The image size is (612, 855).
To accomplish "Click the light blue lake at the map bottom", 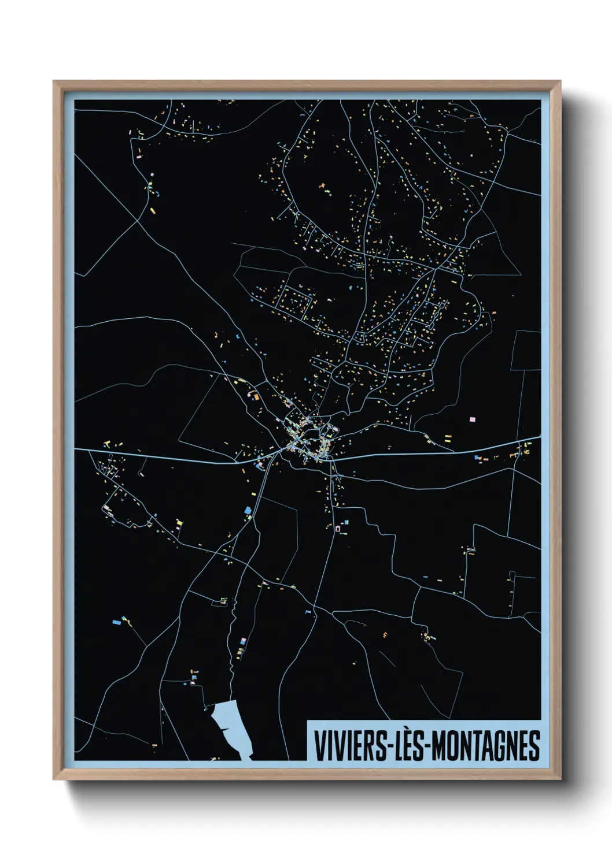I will point(230,725).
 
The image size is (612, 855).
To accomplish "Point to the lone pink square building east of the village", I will point(472,418).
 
